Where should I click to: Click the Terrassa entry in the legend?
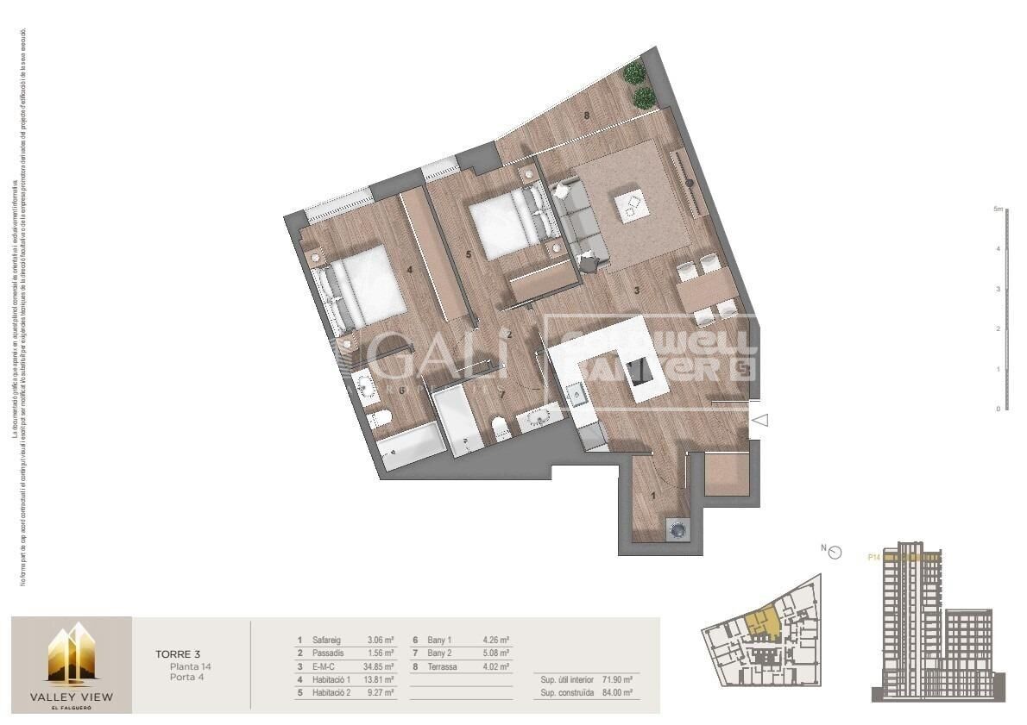pos(446,666)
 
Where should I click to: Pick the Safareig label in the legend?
pos(327,641)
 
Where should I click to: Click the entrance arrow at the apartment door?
pos(761,420)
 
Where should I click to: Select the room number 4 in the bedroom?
pos(410,269)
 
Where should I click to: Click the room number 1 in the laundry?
pos(653,496)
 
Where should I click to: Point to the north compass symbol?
pos(834,552)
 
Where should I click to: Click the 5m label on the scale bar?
pos(998,209)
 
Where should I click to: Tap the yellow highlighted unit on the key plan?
pos(761,624)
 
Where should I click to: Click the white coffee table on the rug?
pos(633,205)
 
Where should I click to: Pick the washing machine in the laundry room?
pos(677,529)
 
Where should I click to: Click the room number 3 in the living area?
pos(637,291)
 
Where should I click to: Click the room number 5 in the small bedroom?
pos(468,254)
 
